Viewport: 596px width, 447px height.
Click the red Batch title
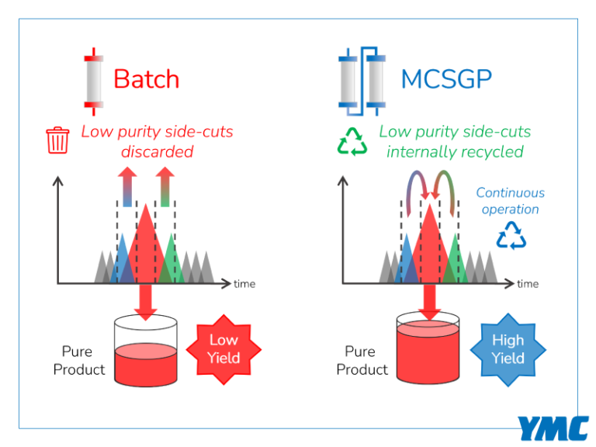coord(146,79)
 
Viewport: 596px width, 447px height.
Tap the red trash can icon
coord(58,141)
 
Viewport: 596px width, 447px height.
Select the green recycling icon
coord(351,141)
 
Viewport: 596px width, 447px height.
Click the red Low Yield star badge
coord(223,349)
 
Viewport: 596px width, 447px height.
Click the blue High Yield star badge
coord(508,349)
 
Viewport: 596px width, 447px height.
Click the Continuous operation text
coord(510,201)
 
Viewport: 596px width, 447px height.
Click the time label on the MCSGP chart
coord(528,284)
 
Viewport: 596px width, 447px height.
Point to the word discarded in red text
coord(157,151)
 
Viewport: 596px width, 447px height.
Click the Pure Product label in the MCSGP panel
coord(362,361)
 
